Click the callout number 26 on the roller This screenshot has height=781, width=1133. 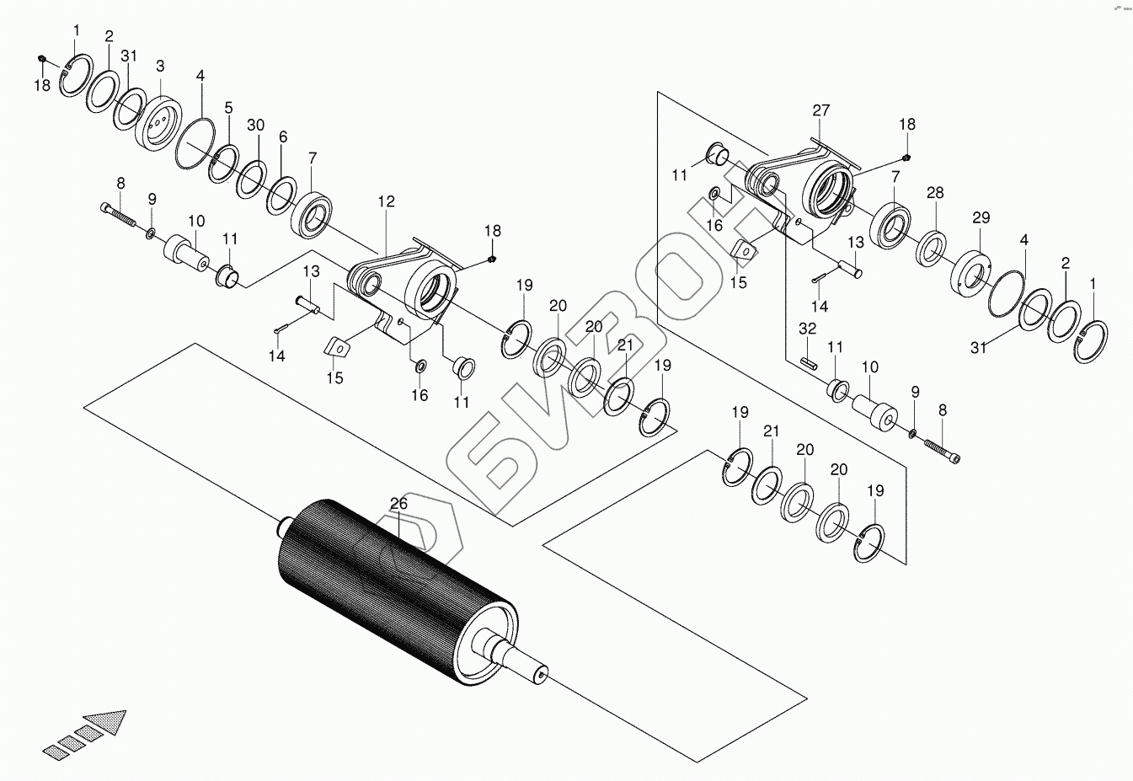(x=398, y=504)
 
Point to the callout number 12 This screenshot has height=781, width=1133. (x=386, y=202)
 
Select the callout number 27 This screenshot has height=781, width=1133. (x=821, y=110)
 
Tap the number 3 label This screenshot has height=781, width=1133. (x=160, y=67)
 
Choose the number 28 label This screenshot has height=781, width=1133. (x=935, y=194)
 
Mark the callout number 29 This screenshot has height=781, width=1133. (x=981, y=217)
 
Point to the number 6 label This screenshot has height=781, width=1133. (x=283, y=136)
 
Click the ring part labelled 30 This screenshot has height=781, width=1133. (x=251, y=180)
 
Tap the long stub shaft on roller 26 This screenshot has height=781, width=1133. (x=522, y=664)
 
